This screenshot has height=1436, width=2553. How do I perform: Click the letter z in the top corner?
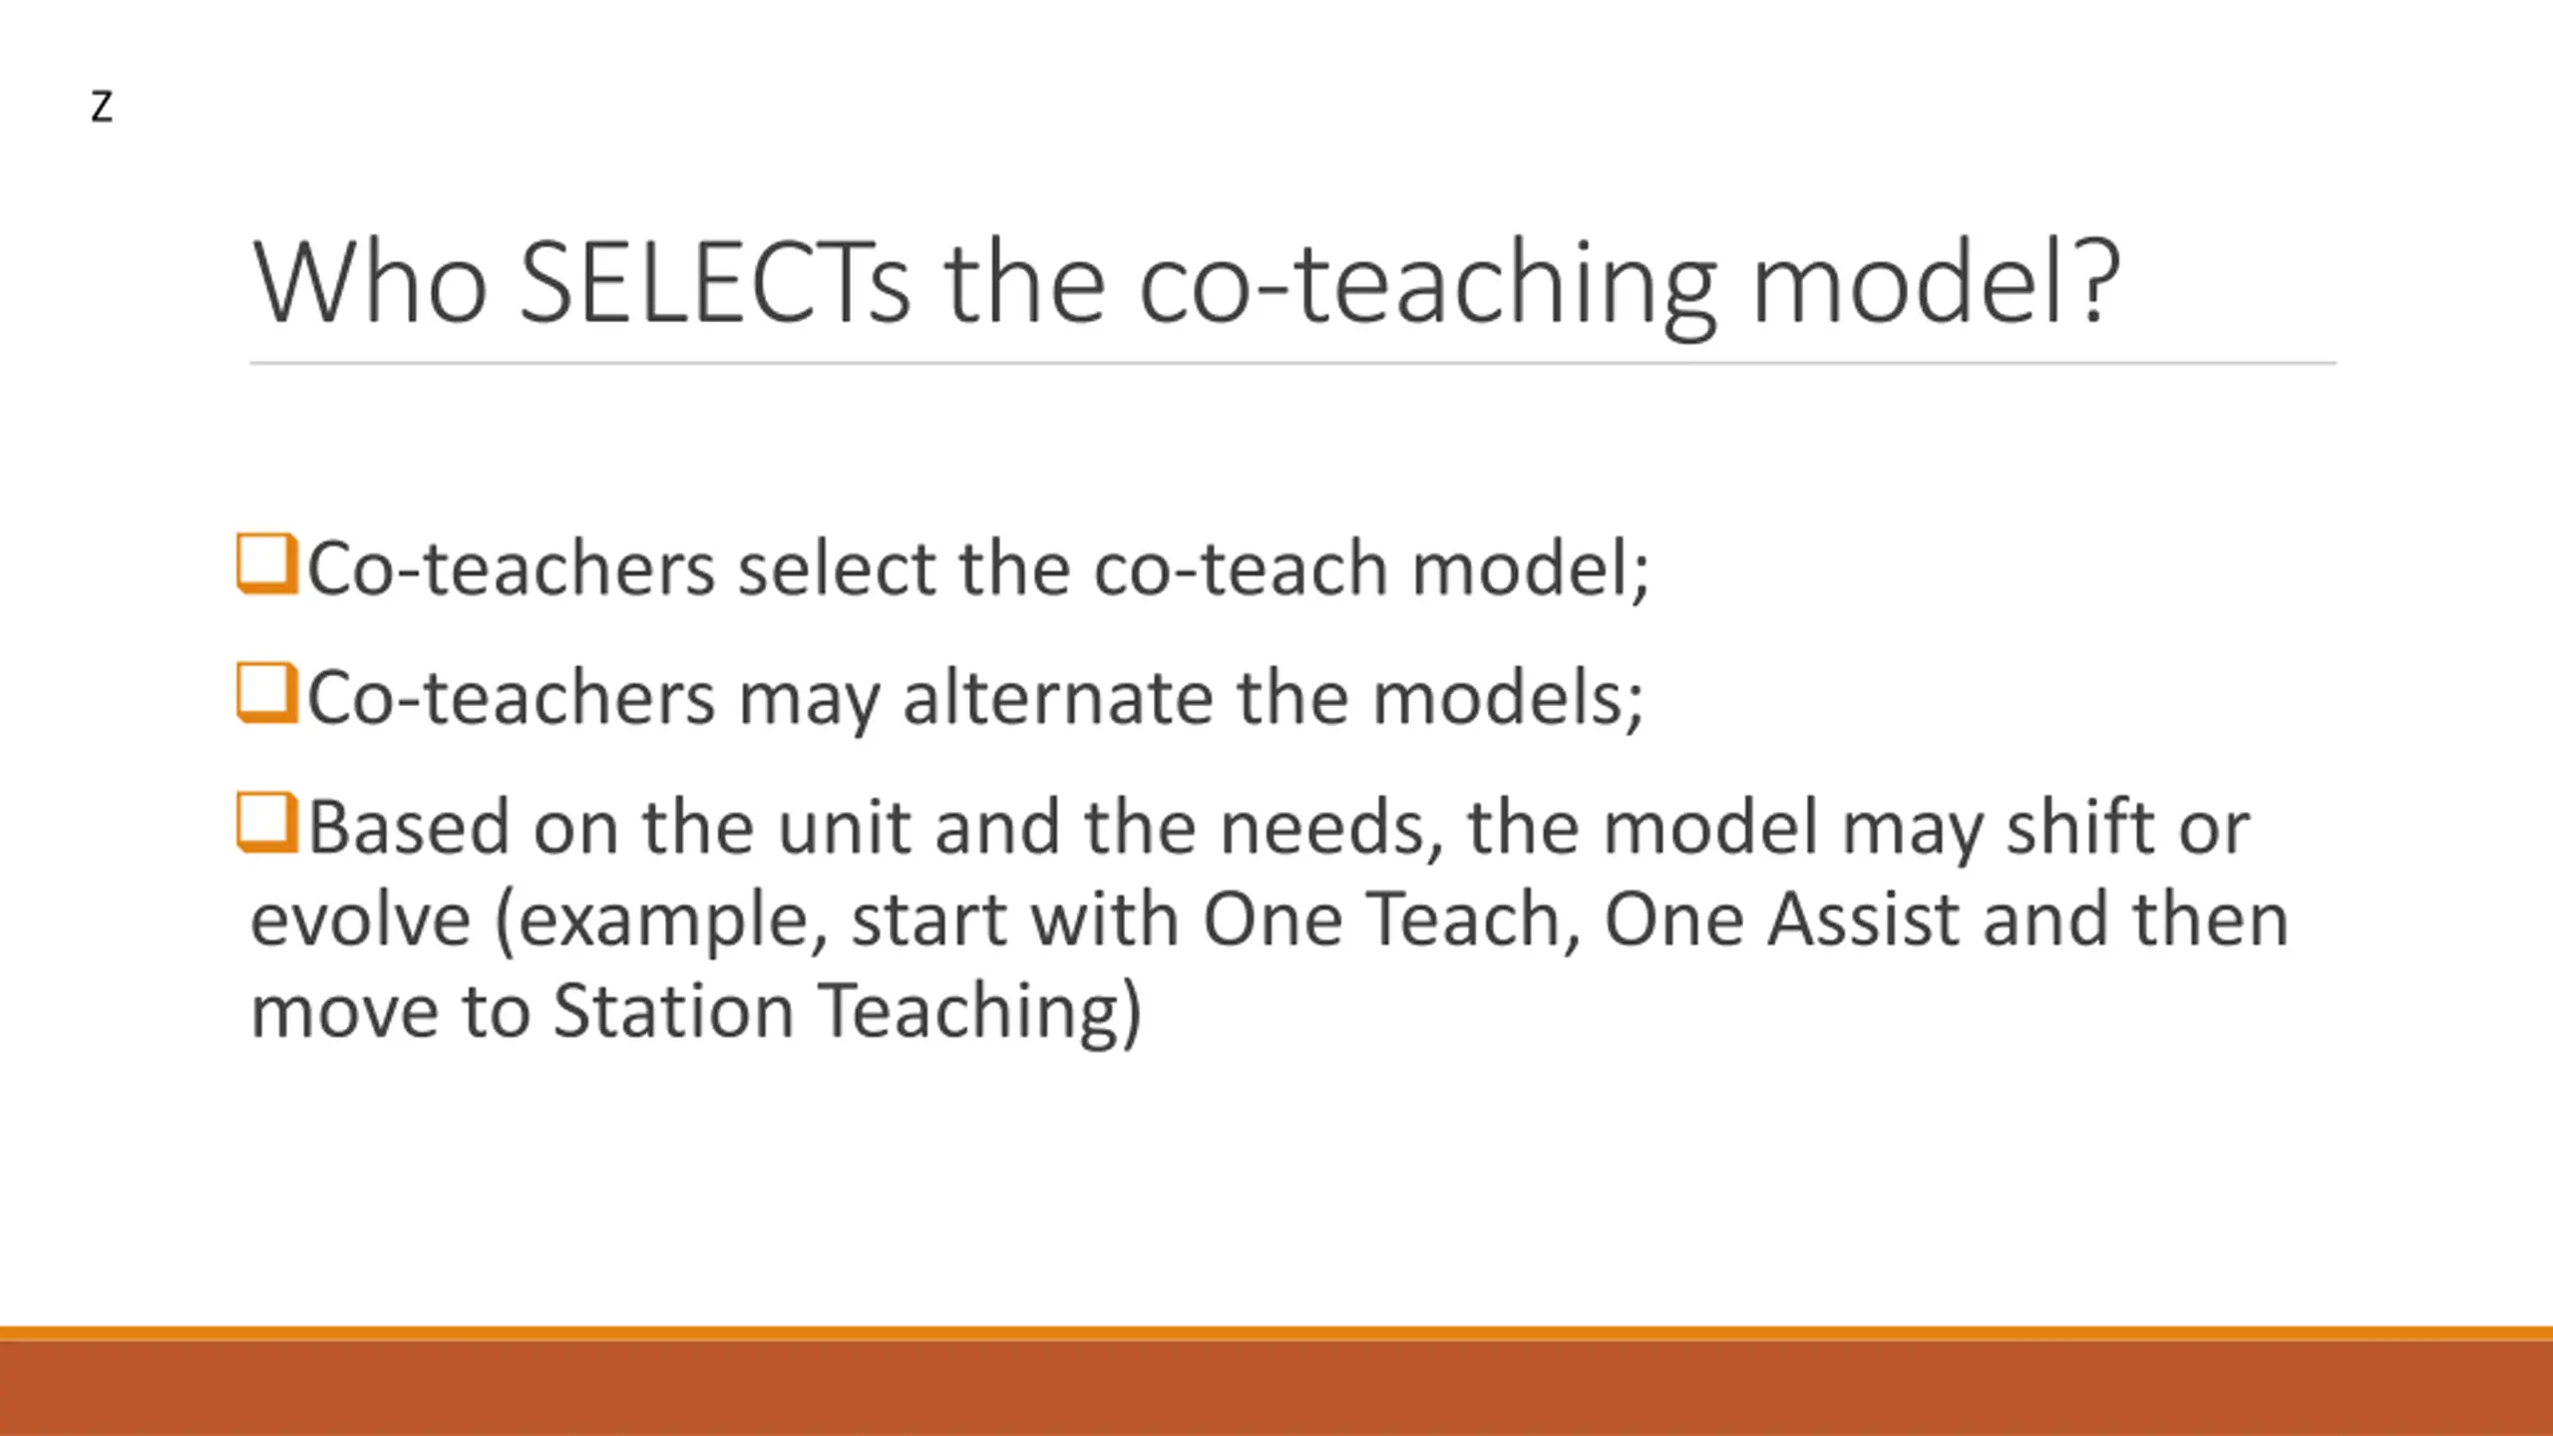coord(101,107)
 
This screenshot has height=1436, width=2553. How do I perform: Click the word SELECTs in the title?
coord(715,283)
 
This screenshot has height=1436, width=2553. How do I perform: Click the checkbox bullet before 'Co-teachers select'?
coord(266,563)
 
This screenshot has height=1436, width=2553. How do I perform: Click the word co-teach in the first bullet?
coord(1242,569)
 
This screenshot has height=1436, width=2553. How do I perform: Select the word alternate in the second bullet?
coord(1058,698)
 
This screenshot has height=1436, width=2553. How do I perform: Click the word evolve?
coord(360,919)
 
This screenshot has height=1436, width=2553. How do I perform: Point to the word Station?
coord(673,1011)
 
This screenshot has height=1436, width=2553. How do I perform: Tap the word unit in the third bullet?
coord(843,828)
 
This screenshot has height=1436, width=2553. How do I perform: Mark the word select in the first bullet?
coord(837,568)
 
